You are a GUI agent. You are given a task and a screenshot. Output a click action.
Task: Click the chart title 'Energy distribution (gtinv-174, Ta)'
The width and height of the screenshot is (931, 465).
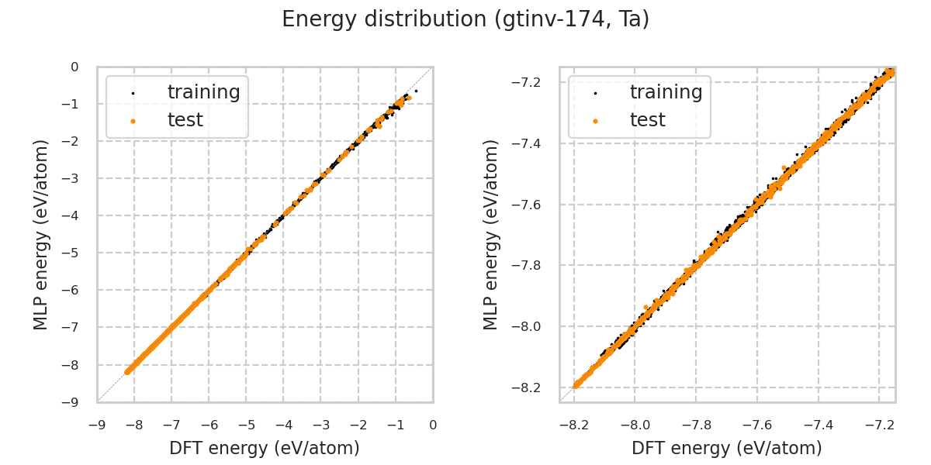click(x=465, y=19)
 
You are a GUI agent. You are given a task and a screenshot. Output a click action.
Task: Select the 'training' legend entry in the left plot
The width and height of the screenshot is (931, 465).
click(x=203, y=92)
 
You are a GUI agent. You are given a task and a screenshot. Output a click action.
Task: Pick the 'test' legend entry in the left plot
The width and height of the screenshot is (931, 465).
click(x=185, y=120)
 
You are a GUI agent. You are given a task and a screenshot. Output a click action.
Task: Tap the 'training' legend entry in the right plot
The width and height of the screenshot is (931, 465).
click(x=666, y=92)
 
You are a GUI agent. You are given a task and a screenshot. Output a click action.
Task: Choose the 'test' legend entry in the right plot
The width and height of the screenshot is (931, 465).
click(x=647, y=120)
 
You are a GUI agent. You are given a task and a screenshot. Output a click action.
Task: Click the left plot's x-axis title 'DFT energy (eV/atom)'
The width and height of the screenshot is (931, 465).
click(x=265, y=448)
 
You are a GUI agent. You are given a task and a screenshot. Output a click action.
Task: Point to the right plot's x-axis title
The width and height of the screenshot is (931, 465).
click(x=727, y=448)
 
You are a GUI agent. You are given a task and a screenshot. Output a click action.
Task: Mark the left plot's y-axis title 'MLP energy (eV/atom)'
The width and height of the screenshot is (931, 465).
click(x=41, y=234)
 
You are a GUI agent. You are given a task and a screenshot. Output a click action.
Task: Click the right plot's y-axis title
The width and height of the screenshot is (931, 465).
click(x=491, y=234)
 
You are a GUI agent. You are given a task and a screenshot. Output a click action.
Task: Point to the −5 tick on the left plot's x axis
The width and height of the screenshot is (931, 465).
click(x=246, y=425)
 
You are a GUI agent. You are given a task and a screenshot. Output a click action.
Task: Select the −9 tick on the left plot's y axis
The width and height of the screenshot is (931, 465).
click(x=73, y=402)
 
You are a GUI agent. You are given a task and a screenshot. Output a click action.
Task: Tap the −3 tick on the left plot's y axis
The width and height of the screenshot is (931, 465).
click(x=73, y=178)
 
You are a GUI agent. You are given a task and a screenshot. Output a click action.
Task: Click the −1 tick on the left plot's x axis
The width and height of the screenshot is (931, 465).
click(x=395, y=425)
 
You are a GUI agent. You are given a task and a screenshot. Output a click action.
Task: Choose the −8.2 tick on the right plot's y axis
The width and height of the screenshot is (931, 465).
click(x=531, y=387)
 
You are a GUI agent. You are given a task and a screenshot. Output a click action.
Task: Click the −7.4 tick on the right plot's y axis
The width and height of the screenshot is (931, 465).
click(x=531, y=143)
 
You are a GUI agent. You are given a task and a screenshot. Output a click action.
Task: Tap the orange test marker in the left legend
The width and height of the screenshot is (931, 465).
click(x=133, y=121)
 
